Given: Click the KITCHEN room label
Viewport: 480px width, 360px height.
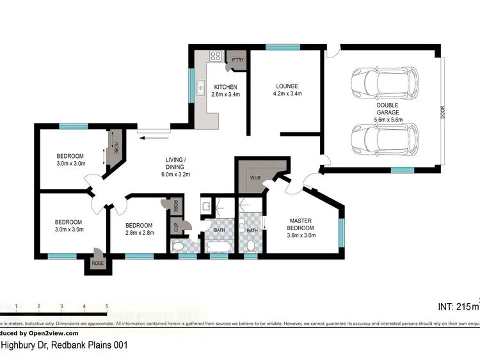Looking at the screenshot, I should [x=225, y=87].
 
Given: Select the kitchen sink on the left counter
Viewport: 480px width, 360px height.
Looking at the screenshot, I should [x=200, y=88].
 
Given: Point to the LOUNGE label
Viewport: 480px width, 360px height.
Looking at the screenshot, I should [x=287, y=86].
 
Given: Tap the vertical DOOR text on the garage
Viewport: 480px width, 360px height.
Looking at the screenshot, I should [x=443, y=113].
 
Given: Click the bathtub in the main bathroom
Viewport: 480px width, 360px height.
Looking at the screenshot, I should [x=218, y=246].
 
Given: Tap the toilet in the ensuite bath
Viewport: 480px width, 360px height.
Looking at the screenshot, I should [x=251, y=246].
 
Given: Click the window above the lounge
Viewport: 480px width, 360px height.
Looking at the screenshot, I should [x=278, y=47].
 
